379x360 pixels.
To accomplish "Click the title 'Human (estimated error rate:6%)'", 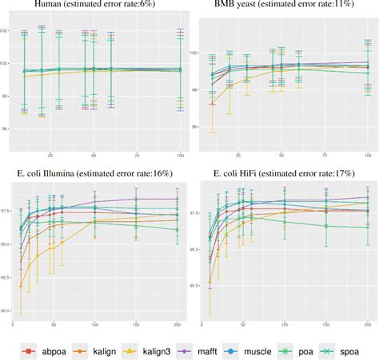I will tap(94, 6).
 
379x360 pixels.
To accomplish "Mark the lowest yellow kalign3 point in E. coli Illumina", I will tap(21, 286).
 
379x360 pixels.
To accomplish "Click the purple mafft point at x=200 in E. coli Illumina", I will tap(177, 199).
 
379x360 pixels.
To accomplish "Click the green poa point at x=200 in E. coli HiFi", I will tap(367, 228).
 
